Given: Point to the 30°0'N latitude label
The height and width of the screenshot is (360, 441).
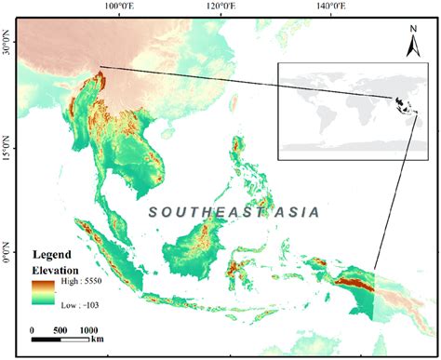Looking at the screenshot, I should pos(7,44).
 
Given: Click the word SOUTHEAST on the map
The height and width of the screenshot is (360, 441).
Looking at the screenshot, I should pos(202,212).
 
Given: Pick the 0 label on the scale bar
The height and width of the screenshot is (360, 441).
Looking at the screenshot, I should pos(33,330).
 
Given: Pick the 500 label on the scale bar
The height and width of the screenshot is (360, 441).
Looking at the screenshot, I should pos(62,330).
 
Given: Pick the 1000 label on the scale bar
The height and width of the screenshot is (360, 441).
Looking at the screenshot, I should pos(90,330).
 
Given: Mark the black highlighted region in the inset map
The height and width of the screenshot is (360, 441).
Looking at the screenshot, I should pos(400,104).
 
